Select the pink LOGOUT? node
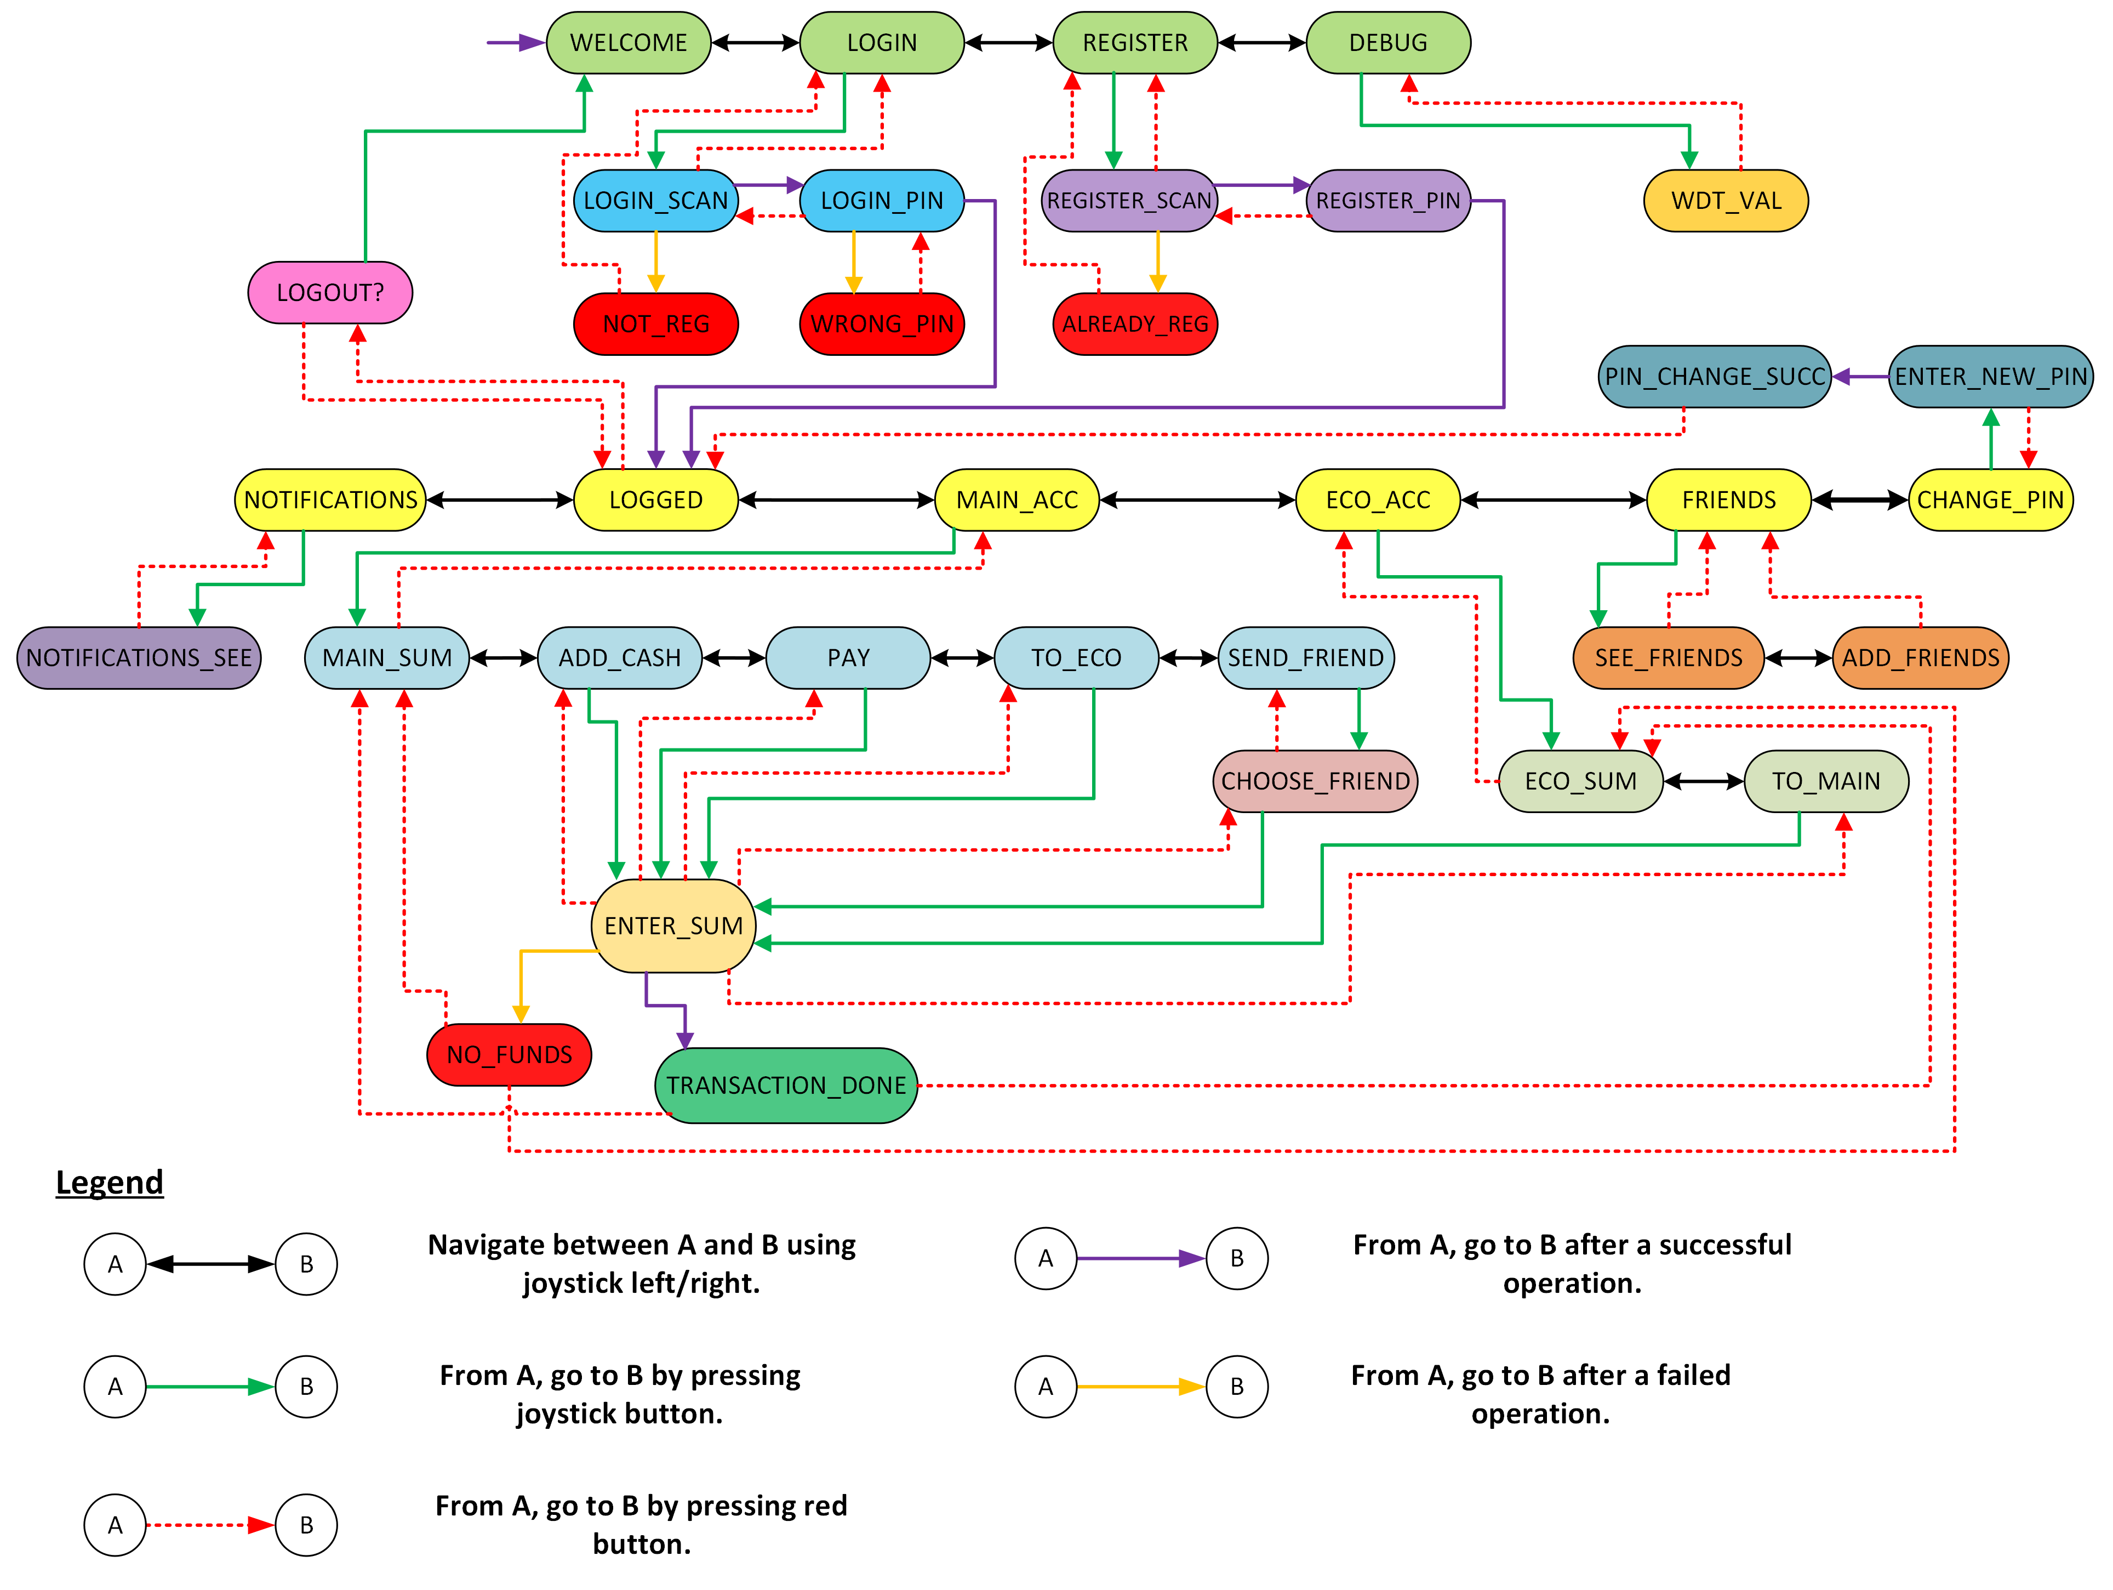329,292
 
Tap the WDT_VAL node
1725,201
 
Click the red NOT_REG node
655,324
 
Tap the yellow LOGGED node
655,499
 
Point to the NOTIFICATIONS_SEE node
139,657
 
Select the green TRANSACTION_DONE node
785,1086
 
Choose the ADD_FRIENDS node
1920,657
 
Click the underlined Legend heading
109,1182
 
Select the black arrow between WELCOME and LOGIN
755,43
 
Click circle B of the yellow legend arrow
1236,1387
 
